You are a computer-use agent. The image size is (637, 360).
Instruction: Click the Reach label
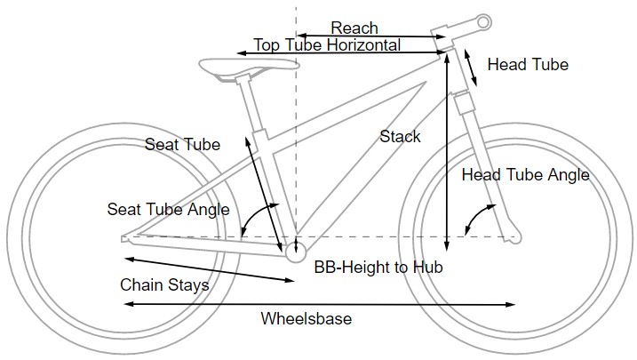354,28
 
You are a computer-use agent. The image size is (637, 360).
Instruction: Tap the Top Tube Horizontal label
327,44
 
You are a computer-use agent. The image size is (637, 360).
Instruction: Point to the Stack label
400,136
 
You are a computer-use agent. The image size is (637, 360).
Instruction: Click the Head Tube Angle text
525,175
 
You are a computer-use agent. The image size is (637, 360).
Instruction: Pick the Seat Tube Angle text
168,210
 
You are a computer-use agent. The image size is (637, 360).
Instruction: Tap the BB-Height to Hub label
378,266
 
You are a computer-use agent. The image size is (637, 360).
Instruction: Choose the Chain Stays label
164,285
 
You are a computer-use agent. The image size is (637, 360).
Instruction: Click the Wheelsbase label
306,318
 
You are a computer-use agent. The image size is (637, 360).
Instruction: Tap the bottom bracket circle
296,248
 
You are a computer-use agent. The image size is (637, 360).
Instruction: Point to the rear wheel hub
125,237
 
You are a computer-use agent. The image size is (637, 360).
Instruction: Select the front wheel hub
513,237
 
